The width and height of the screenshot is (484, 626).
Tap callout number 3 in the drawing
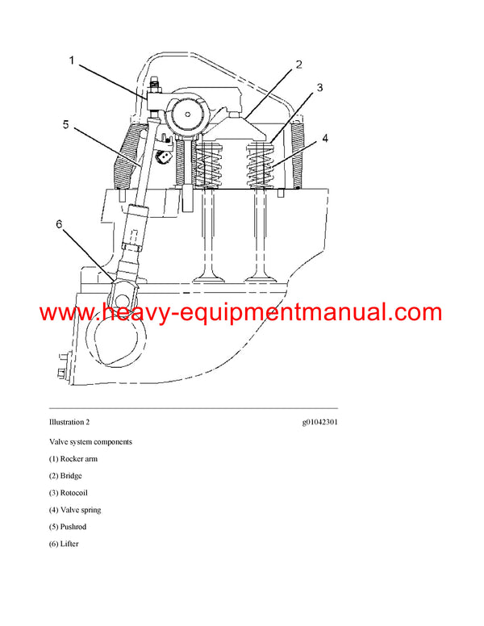(x=319, y=89)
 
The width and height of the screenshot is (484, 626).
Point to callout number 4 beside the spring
(x=325, y=138)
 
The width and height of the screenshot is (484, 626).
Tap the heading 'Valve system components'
(x=90, y=442)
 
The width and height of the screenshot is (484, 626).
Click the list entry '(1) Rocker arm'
(x=73, y=459)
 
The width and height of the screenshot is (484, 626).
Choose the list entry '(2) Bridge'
(x=66, y=476)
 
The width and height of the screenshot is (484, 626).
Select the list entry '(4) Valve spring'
(x=75, y=510)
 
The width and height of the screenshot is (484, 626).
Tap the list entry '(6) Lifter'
(x=65, y=544)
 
